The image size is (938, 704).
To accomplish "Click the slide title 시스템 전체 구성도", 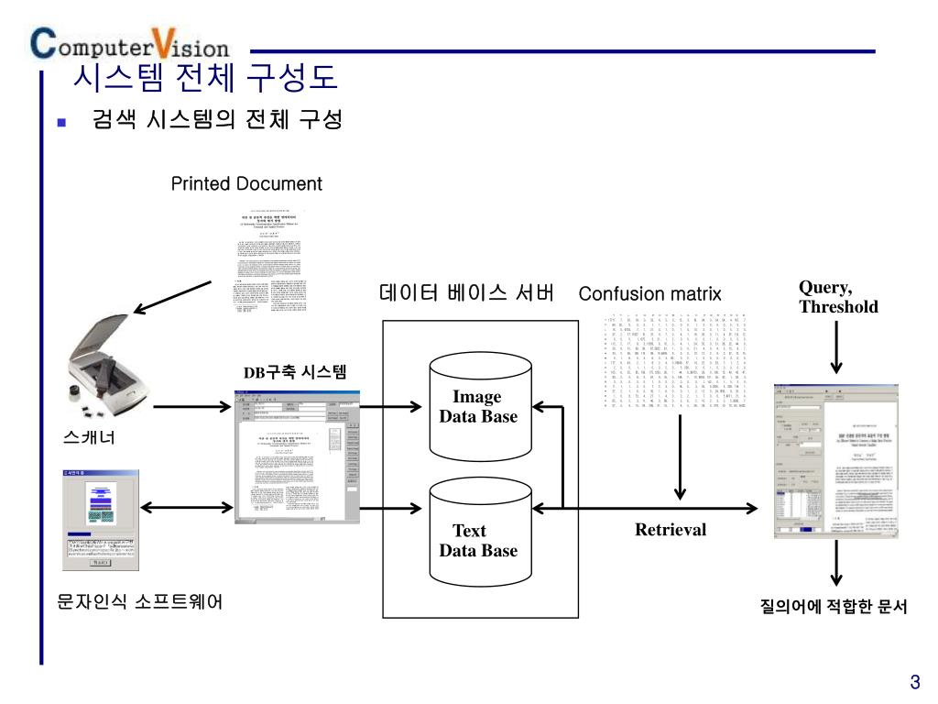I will coord(205,78).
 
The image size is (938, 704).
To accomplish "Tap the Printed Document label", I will coord(246,183).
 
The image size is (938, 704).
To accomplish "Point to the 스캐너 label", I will coord(90,436).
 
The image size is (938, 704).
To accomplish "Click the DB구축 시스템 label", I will coord(295,371).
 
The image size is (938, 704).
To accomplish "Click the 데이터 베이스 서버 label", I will coord(466,293).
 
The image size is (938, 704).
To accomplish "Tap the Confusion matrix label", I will coord(649,294).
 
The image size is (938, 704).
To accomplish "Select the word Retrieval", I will coord(671,530).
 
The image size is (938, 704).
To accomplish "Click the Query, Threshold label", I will coord(837,297).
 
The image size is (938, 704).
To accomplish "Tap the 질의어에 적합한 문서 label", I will coord(834,607).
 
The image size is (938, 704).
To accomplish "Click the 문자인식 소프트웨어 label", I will coord(139,601).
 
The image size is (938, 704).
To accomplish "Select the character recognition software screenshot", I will coord(101,520).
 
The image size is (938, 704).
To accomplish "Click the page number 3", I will coord(914,682).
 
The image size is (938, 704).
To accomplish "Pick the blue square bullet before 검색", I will coord(62,122).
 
